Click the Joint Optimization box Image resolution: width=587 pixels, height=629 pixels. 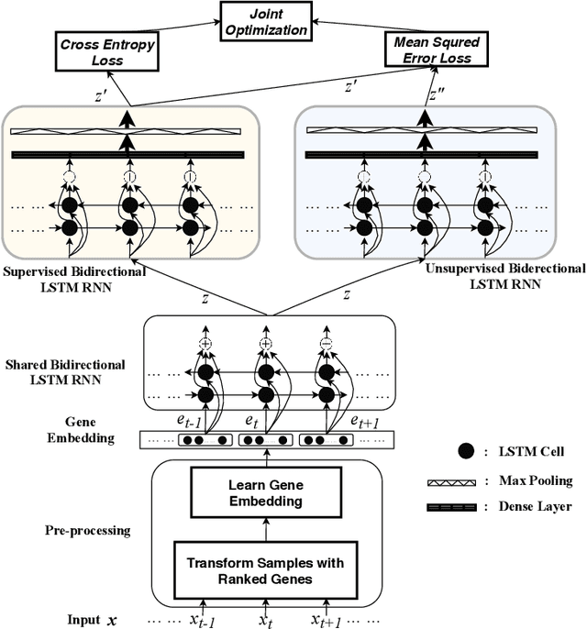click(x=266, y=21)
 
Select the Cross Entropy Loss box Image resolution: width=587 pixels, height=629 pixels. click(x=106, y=51)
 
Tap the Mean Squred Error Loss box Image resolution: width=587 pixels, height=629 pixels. click(x=437, y=49)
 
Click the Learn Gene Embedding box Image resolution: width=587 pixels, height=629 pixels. click(x=266, y=492)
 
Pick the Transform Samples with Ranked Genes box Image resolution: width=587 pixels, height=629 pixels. click(x=266, y=570)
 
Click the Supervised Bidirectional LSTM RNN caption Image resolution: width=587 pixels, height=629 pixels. click(x=74, y=280)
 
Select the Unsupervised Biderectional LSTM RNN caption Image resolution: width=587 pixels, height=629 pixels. click(x=505, y=276)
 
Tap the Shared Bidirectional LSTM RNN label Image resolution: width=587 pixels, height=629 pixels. click(x=65, y=372)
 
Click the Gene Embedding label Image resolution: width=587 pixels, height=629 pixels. click(x=81, y=430)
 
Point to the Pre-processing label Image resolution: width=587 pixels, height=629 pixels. click(x=87, y=530)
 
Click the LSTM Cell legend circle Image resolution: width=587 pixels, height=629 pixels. click(x=466, y=451)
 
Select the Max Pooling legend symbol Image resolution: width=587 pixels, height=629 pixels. click(x=452, y=482)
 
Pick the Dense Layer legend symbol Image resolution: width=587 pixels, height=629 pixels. click(x=452, y=507)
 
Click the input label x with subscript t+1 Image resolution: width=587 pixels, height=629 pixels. click(x=327, y=621)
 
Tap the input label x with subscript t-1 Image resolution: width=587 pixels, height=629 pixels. click(x=203, y=621)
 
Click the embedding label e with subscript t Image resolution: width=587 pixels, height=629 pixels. click(x=251, y=421)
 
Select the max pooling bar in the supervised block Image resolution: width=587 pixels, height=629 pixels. click(x=126, y=131)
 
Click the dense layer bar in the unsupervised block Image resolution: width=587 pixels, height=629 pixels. click(x=422, y=155)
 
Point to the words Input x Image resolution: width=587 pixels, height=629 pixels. click(x=92, y=620)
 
